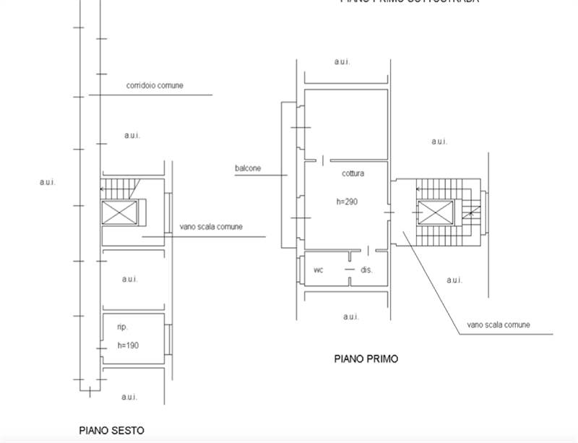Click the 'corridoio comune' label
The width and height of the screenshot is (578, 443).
pos(155,85)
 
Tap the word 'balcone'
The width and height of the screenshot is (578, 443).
pos(247,168)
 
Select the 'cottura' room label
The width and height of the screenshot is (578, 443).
pos(353,173)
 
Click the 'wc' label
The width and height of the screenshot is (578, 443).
pos(318,270)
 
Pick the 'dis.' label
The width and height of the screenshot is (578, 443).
pos(366,270)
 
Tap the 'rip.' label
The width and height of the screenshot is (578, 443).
pos(122,327)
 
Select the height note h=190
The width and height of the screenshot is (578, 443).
pos(127,345)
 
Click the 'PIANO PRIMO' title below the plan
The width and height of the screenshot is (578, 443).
pos(366,358)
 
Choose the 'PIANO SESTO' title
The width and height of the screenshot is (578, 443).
pos(111,430)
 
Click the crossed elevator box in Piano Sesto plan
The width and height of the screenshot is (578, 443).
pos(116,212)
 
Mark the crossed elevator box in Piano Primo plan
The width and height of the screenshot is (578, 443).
pos(434,212)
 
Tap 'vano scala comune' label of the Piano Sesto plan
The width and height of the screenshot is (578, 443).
pos(211,226)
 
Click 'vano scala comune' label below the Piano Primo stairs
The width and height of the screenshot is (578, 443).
pos(499,325)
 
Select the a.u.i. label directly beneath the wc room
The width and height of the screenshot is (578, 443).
pos(351,317)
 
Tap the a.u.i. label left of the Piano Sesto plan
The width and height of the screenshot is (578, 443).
pos(47,182)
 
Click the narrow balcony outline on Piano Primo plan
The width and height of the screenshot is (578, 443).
pos(288,173)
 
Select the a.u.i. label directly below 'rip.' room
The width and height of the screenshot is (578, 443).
pos(129,397)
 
